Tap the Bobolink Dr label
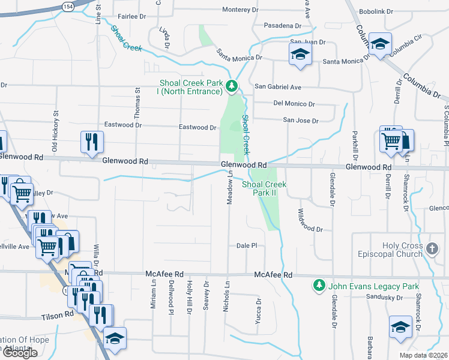click(x=375, y=11)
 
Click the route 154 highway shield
click(x=67, y=5)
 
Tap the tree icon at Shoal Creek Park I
click(x=232, y=87)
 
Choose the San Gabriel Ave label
click(x=278, y=87)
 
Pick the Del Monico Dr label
click(x=294, y=103)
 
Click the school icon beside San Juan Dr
click(x=300, y=55)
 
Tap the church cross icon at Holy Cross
click(x=432, y=247)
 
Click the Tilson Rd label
click(x=58, y=314)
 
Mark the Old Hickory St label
click(x=55, y=130)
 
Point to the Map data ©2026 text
click(x=423, y=355)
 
